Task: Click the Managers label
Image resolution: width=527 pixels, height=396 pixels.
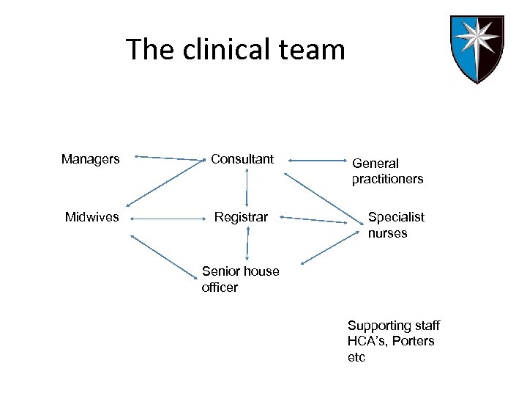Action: pyautogui.click(x=91, y=159)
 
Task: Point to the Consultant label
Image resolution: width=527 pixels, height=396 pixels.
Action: pyautogui.click(x=242, y=159)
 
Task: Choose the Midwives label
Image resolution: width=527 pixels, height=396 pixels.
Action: pyautogui.click(x=92, y=217)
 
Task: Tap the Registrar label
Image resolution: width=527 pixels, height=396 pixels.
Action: pyautogui.click(x=241, y=217)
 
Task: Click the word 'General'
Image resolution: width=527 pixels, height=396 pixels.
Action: pyautogui.click(x=375, y=164)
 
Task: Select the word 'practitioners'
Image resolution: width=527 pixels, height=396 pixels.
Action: pyautogui.click(x=387, y=179)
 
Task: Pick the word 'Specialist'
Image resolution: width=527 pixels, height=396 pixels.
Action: pyautogui.click(x=396, y=217)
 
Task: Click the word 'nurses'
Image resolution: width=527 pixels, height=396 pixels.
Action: pyautogui.click(x=387, y=233)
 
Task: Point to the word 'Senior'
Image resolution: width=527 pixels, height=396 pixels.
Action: pyautogui.click(x=220, y=271)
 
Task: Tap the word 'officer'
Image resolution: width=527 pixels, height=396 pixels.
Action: pyautogui.click(x=220, y=287)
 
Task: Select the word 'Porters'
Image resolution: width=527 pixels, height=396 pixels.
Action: pyautogui.click(x=414, y=341)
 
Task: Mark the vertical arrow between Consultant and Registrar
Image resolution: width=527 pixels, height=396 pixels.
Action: pyautogui.click(x=247, y=187)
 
